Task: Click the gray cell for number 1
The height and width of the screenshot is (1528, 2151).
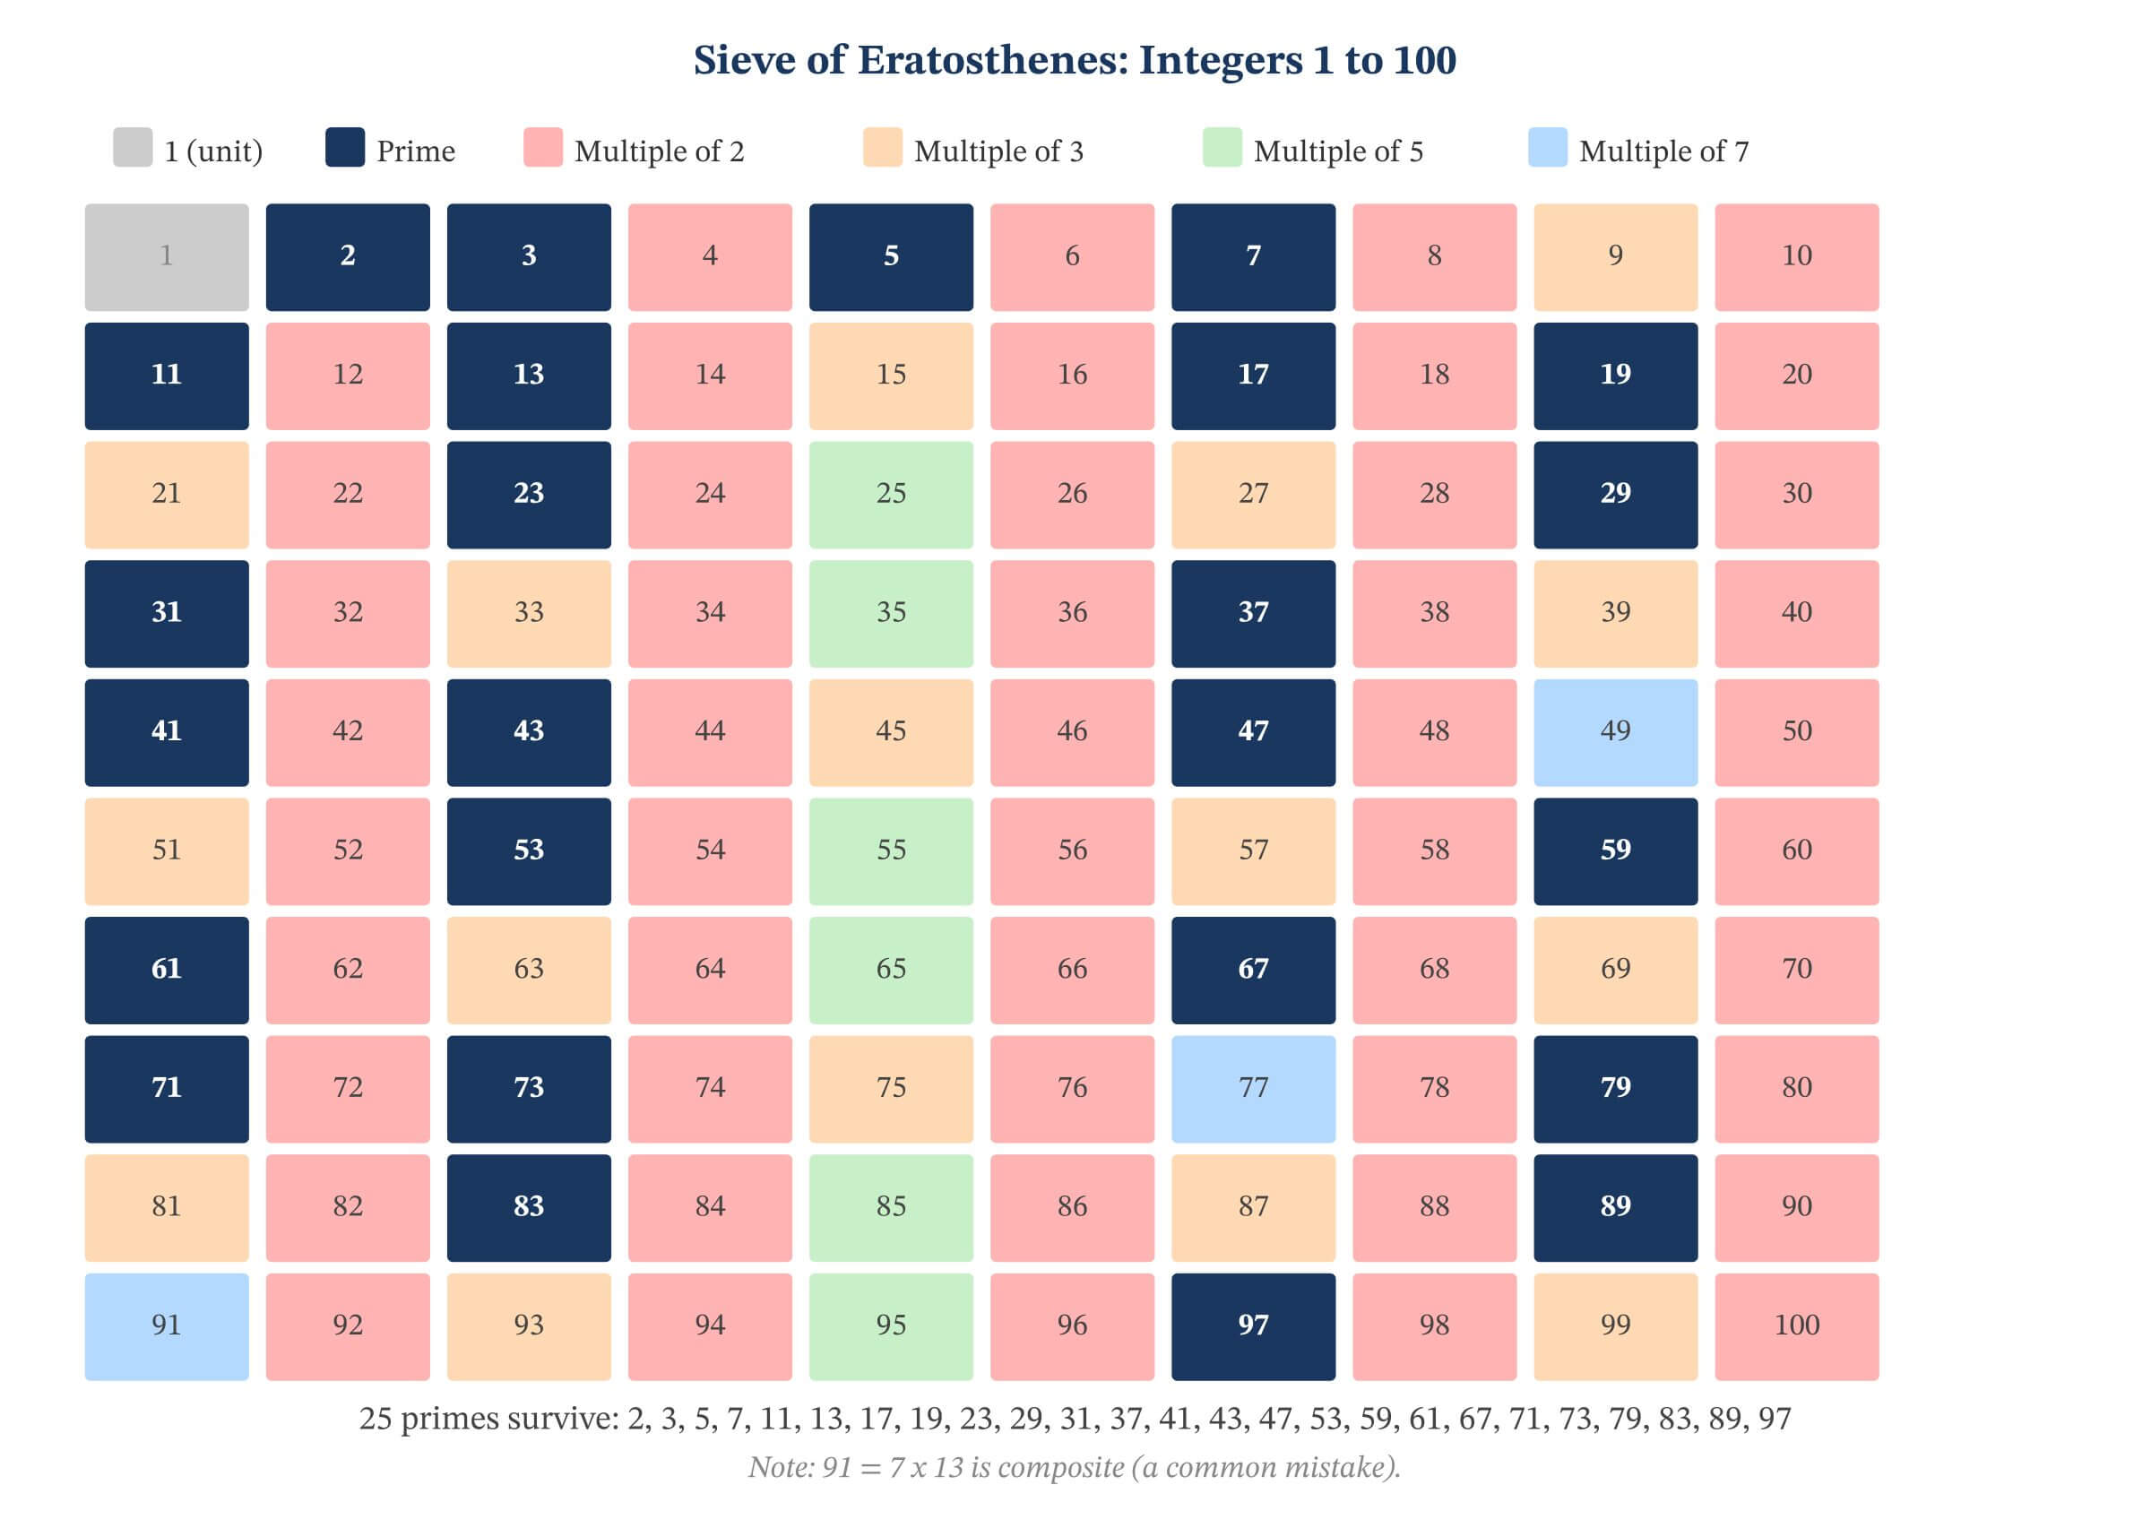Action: point(167,257)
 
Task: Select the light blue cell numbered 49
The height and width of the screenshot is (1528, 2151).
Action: point(1615,732)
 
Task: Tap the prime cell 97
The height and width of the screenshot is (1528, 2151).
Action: point(1252,1325)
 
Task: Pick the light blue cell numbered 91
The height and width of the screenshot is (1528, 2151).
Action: point(167,1325)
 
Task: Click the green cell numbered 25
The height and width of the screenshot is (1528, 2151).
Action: point(890,495)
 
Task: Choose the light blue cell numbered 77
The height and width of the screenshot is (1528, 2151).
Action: point(1252,1089)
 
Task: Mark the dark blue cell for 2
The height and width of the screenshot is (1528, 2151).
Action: point(347,257)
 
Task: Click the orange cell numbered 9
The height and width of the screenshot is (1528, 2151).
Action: point(1615,257)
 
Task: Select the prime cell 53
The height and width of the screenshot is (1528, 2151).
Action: point(529,850)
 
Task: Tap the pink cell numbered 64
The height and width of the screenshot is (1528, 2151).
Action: point(710,969)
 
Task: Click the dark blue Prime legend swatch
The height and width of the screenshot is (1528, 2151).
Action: point(344,148)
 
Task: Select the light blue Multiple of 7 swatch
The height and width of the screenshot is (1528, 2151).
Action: point(1547,148)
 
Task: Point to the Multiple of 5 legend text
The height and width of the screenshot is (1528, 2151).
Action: point(1337,151)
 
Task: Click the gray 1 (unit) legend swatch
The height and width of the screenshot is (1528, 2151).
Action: point(133,148)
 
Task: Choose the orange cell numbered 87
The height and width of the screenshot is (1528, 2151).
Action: point(1252,1207)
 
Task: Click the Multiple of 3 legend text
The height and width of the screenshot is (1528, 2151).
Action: point(998,151)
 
